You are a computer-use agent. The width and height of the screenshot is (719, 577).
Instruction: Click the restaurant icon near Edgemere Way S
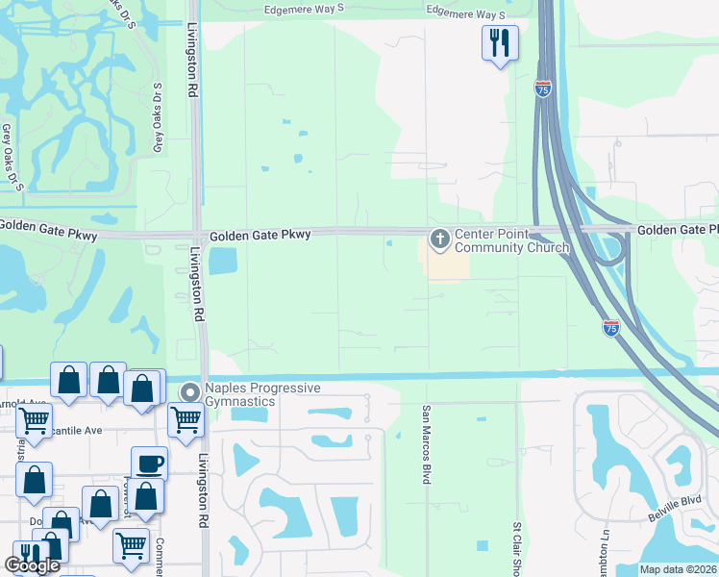[500, 42]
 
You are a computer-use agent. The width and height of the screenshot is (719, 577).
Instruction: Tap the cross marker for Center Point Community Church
[440, 238]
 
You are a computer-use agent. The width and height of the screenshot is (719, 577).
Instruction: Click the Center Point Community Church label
[511, 240]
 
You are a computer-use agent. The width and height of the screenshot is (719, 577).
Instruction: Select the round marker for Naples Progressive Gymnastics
[189, 393]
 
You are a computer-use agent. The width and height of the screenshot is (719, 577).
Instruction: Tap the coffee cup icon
[149, 464]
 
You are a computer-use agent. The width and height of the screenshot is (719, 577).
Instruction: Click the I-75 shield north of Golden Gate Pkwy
[543, 88]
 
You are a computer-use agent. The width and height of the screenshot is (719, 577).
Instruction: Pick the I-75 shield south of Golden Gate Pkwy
[611, 328]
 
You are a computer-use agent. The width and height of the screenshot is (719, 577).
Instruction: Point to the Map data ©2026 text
[678, 569]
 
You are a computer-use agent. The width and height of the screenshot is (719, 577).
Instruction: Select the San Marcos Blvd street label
[424, 443]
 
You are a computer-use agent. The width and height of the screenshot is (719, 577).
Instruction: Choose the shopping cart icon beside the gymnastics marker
[186, 418]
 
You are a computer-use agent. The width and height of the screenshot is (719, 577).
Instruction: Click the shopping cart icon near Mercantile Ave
[34, 419]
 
